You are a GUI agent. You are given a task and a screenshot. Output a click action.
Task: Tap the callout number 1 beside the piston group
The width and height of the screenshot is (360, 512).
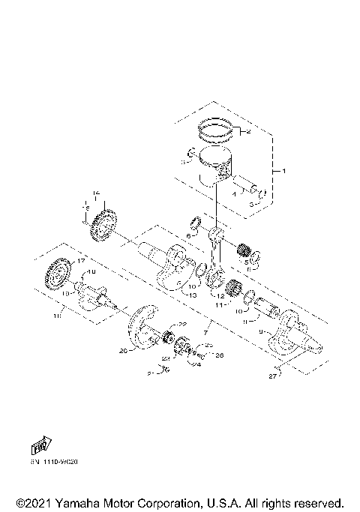point(283,172)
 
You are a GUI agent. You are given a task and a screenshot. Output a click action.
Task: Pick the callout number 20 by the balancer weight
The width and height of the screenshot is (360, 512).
point(122,349)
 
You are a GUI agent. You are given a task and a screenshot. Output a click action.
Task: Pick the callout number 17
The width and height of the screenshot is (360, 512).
point(80,260)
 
